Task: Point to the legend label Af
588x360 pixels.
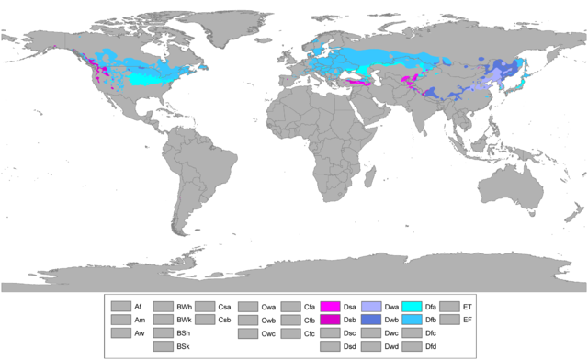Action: pos(138,306)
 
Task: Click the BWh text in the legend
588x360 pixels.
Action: pos(184,306)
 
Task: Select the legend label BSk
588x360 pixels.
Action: pos(184,346)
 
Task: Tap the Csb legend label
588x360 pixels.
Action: pos(224,320)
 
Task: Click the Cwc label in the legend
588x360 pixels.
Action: pos(268,333)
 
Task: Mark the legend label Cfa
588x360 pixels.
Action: pos(310,306)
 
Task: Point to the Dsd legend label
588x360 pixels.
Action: pos(349,346)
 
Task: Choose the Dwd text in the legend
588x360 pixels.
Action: pos(391,346)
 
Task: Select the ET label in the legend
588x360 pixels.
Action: pos(468,306)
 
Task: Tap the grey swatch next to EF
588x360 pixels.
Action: pos(450,320)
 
